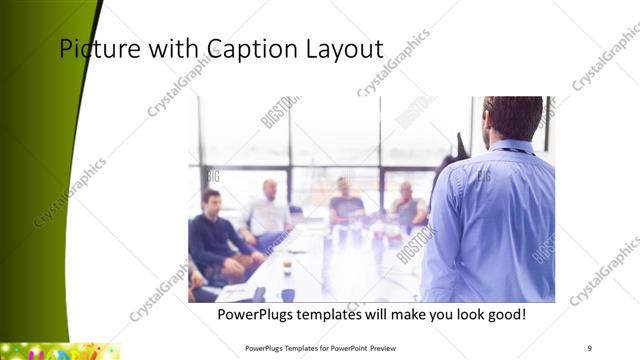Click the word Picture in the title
[95, 49]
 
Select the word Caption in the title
[244, 49]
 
